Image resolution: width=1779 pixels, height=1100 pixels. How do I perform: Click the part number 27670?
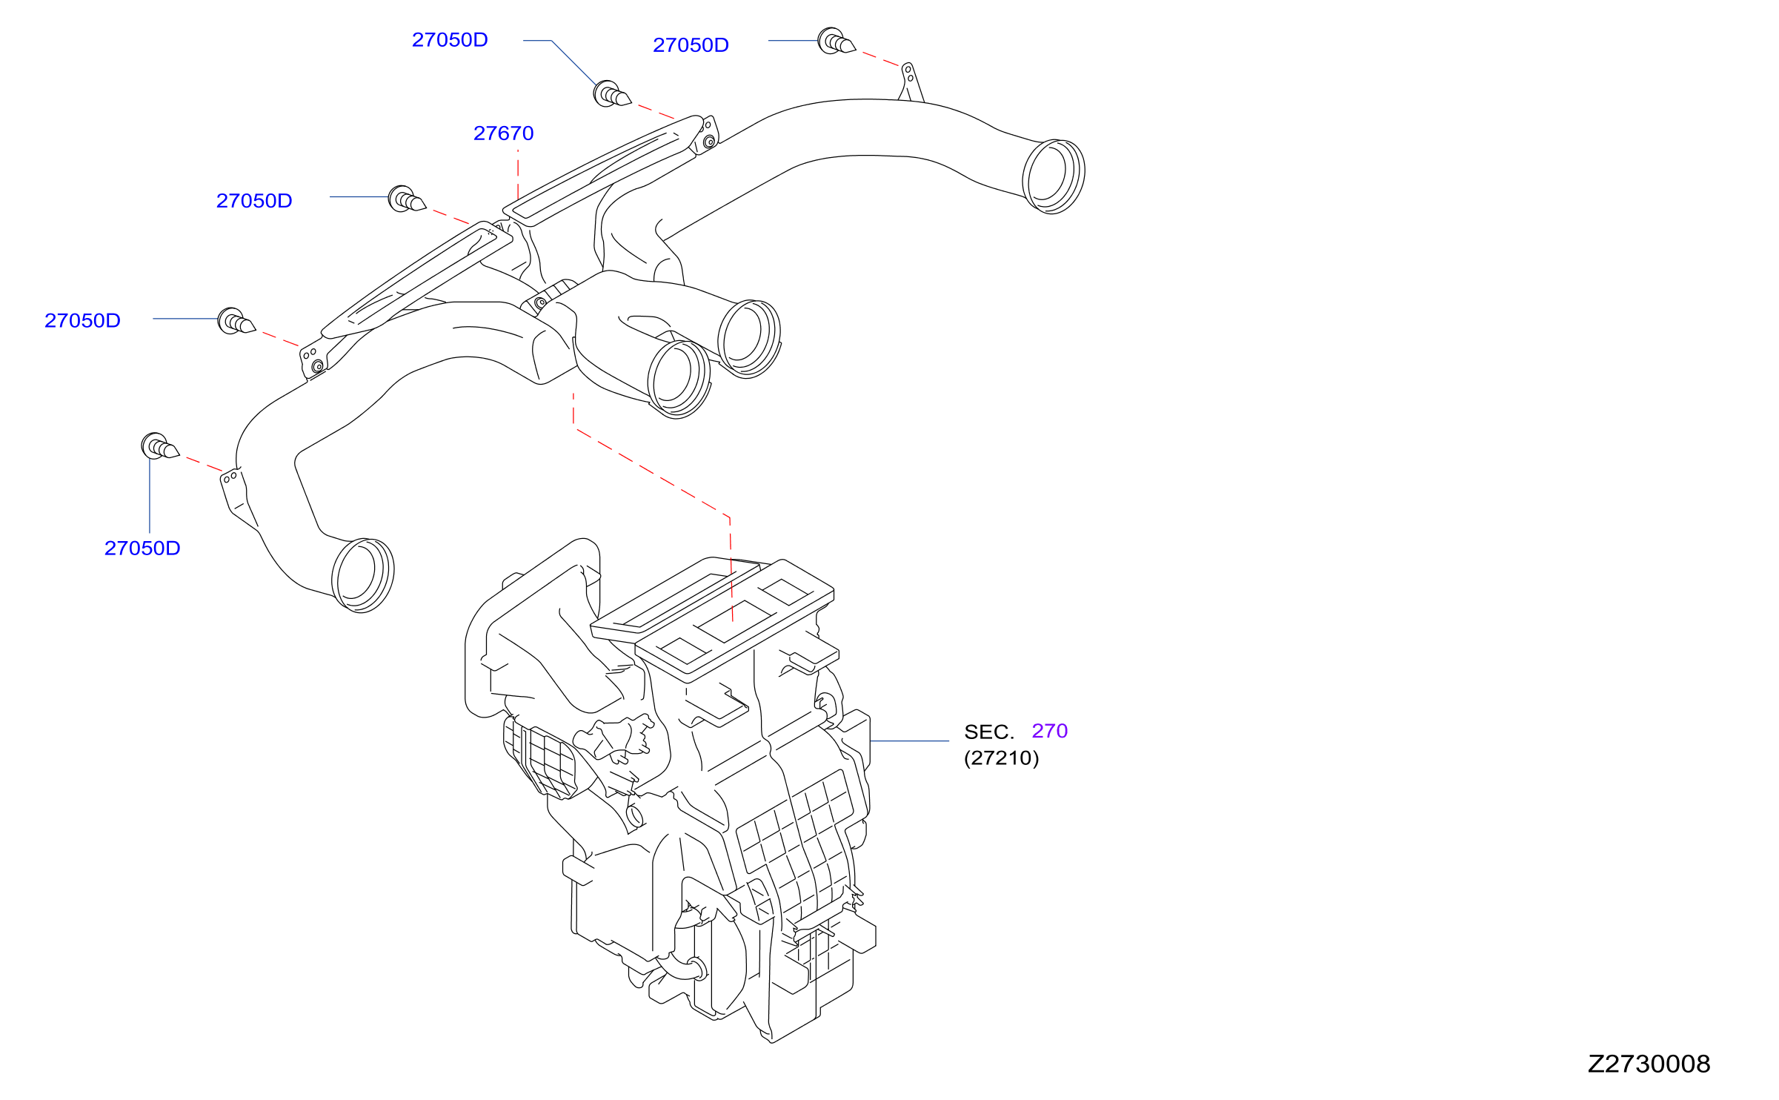[x=503, y=133]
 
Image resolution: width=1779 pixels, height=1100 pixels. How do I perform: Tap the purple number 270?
[x=1049, y=731]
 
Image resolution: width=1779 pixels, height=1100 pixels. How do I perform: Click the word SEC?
[x=988, y=732]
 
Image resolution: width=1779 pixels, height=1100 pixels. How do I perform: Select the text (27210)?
[x=1001, y=758]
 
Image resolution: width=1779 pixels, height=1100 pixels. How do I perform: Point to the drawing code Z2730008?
[x=1649, y=1064]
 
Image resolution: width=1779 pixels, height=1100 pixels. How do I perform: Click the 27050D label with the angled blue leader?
[x=450, y=40]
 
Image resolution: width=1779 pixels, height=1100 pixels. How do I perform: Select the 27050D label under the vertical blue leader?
[x=142, y=549]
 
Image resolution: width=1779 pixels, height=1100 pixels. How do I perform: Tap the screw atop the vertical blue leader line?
[x=159, y=446]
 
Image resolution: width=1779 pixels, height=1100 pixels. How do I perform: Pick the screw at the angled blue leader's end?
[x=611, y=94]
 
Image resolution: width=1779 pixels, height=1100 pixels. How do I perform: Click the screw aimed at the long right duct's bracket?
[x=836, y=42]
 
